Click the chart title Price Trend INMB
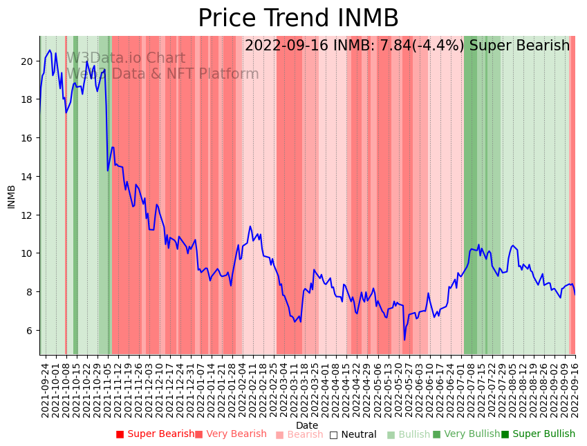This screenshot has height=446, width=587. (298, 19)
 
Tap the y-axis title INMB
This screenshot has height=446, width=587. (11, 196)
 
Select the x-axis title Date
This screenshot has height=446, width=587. (307, 425)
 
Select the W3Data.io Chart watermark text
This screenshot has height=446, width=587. (126, 59)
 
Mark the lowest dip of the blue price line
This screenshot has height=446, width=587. (404, 339)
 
